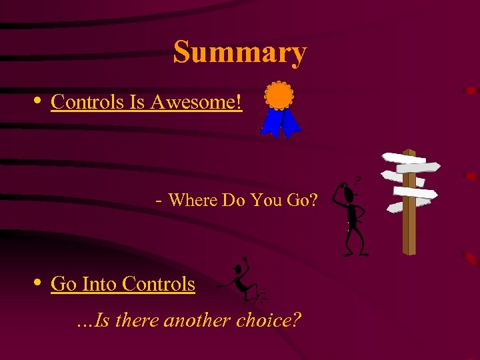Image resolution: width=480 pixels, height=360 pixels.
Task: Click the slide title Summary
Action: click(240, 52)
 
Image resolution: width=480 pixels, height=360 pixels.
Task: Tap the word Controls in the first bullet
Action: click(87, 102)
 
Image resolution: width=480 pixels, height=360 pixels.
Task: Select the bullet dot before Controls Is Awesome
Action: click(37, 101)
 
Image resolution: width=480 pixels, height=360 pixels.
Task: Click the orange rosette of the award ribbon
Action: click(278, 95)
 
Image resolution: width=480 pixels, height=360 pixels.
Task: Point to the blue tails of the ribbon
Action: click(281, 123)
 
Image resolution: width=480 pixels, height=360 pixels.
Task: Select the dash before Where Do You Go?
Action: click(157, 199)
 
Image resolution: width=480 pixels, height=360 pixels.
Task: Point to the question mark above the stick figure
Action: click(358, 179)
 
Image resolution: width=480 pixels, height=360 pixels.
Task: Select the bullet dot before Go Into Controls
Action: click(37, 283)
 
